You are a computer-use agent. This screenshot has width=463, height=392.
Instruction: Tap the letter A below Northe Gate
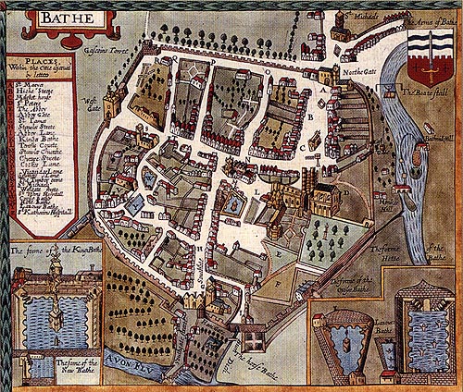323,91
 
